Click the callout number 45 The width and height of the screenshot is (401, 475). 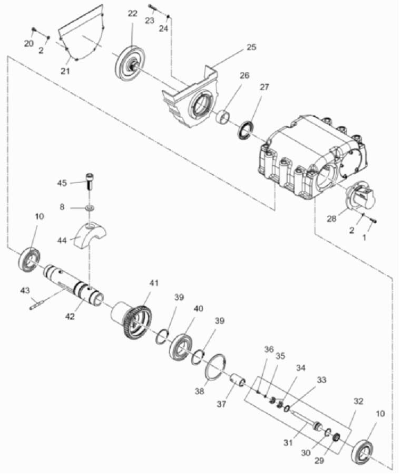62,183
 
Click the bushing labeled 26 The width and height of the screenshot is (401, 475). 226,116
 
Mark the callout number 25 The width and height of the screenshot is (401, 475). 251,47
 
